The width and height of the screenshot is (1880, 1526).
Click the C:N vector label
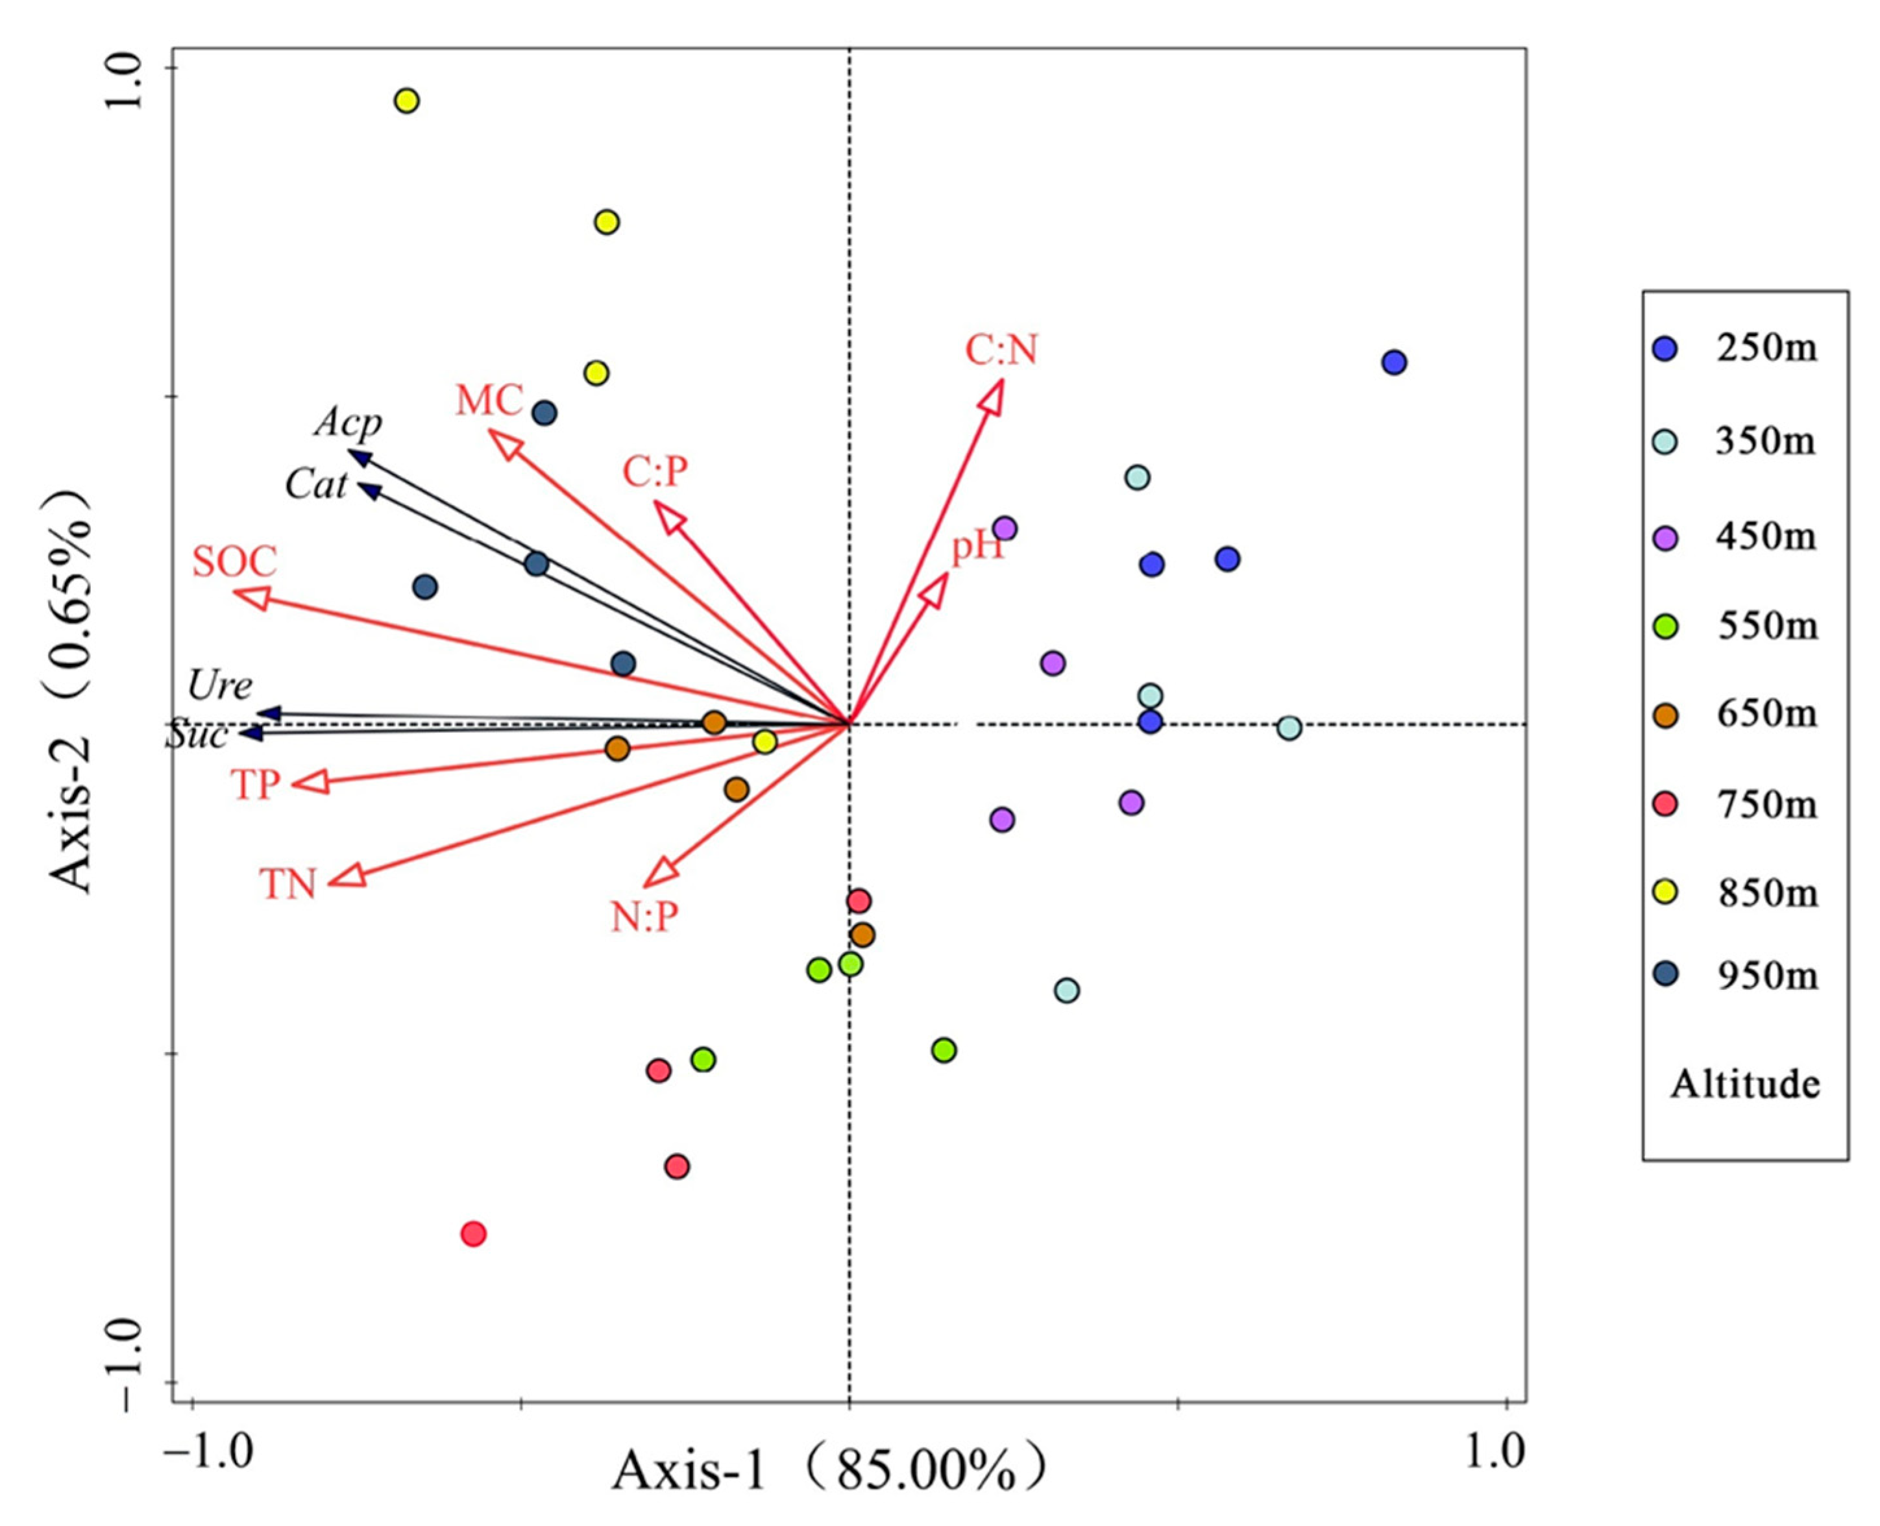[1001, 351]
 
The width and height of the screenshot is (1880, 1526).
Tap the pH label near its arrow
[977, 548]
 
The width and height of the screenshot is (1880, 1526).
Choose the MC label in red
[489, 401]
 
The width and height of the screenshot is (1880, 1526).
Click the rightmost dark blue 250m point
[1394, 362]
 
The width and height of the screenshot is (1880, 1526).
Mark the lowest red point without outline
[474, 1234]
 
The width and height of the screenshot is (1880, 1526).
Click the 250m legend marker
[1665, 350]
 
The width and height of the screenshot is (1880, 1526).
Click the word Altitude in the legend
[1744, 1084]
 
